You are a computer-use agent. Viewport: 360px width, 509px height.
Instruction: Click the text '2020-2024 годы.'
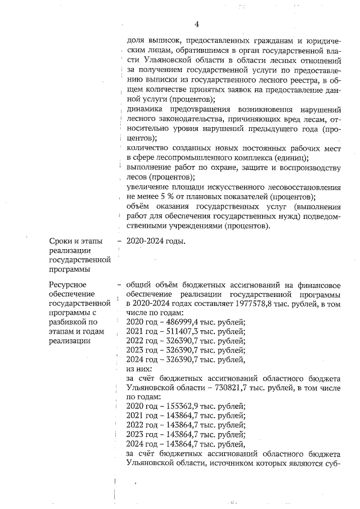156,241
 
